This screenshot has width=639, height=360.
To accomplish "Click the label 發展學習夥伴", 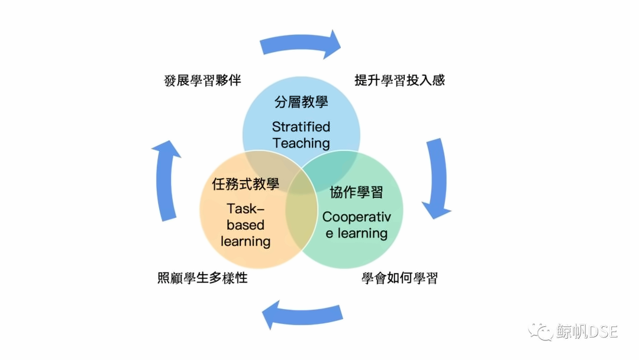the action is (202, 81).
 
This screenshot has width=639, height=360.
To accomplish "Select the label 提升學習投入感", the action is (399, 80).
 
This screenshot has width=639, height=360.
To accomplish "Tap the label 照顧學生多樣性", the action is (202, 278).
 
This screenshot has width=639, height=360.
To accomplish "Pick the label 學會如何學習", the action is (399, 278).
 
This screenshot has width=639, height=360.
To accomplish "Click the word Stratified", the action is (301, 127).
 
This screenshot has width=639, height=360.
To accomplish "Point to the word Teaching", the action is (301, 143).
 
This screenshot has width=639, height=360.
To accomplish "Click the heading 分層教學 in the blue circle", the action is (301, 102).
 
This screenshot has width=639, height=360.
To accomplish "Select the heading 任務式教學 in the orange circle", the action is (246, 184).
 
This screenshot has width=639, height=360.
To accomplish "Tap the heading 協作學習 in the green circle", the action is (357, 192).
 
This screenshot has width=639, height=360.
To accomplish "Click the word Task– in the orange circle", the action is (246, 209).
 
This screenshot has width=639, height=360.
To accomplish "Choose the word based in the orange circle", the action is (246, 225).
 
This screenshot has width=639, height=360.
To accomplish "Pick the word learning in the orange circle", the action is (246, 242).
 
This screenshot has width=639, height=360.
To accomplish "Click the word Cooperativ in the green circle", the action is (357, 217).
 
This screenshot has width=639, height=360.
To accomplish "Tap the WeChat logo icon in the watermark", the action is (540, 332).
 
